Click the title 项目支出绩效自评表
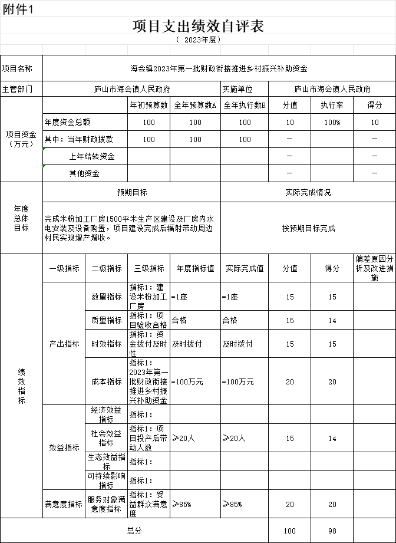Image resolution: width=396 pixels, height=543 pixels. tap(198, 26)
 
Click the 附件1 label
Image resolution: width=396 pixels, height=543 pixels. tap(18, 8)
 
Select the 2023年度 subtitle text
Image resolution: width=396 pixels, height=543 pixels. tap(198, 40)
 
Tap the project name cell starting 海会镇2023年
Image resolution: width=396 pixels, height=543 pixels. tap(219, 69)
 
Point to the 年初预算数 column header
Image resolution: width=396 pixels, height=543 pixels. tap(149, 105)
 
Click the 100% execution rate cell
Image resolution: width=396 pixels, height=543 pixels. tap(332, 123)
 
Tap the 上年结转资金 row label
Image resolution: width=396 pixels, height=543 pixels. tap(92, 156)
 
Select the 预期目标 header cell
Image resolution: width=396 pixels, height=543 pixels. tap(132, 192)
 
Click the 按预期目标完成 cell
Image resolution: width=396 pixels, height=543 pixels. tap(308, 228)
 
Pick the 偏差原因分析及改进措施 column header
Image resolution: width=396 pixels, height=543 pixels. tap(374, 268)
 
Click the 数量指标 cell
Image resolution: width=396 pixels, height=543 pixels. tap(107, 297)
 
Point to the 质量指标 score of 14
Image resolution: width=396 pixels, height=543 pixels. tap(332, 321)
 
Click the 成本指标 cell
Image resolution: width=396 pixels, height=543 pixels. tap(107, 381)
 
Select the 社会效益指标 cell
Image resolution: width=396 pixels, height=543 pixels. tap(107, 438)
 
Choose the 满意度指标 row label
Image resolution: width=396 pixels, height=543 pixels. tap(64, 504)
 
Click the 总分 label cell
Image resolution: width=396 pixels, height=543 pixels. tap(134, 531)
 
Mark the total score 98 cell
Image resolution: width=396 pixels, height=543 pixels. tap(332, 531)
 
